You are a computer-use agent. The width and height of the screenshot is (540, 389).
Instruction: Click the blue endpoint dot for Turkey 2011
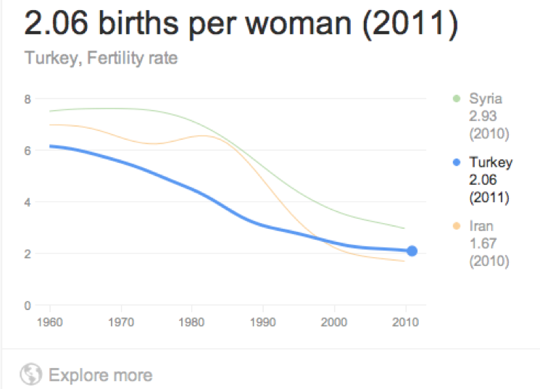[412, 251]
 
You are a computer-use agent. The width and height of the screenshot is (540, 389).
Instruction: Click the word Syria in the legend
[486, 99]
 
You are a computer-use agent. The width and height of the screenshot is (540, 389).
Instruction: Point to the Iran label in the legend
[481, 226]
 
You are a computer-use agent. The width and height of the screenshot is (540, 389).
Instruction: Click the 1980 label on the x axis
[191, 321]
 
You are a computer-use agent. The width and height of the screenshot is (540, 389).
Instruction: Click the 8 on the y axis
[28, 99]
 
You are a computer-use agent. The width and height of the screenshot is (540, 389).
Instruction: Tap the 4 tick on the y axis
[28, 202]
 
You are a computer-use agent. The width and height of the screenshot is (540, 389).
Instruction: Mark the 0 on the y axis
[28, 305]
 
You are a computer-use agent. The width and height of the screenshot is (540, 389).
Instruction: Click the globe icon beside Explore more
[30, 375]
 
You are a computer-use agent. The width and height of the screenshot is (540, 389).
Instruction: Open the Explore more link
[100, 375]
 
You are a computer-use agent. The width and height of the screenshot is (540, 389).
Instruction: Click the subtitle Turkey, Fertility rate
[101, 57]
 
